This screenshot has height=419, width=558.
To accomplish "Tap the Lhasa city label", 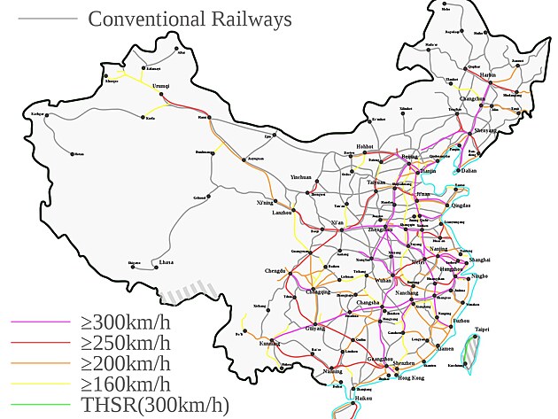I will (166, 262).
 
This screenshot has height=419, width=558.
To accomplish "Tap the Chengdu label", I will (275, 270).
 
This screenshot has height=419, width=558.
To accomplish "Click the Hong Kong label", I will (412, 378).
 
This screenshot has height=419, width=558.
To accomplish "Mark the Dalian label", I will (469, 171).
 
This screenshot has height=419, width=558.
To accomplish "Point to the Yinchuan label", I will (303, 177).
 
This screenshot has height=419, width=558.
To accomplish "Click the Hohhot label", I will (365, 146).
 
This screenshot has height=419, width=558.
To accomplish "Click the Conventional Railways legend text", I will (190, 18).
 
